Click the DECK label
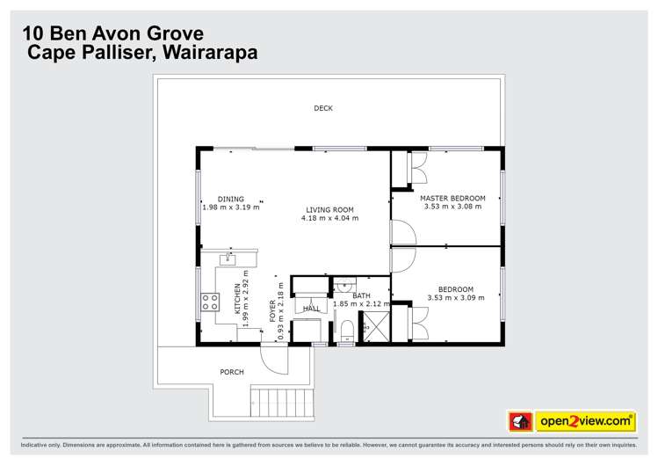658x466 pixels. tap(323, 108)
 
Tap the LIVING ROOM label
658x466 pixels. tap(329, 209)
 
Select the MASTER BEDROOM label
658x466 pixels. tap(452, 198)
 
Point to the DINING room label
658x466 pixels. tap(231, 199)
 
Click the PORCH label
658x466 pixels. tap(232, 372)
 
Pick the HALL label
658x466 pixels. tap(311, 309)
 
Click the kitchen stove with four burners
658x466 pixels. tap(210, 302)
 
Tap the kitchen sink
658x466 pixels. tap(228, 259)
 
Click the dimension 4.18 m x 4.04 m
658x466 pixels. tap(329, 218)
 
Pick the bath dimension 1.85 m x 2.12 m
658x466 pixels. tap(361, 304)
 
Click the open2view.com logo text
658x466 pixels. tap(584, 421)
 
